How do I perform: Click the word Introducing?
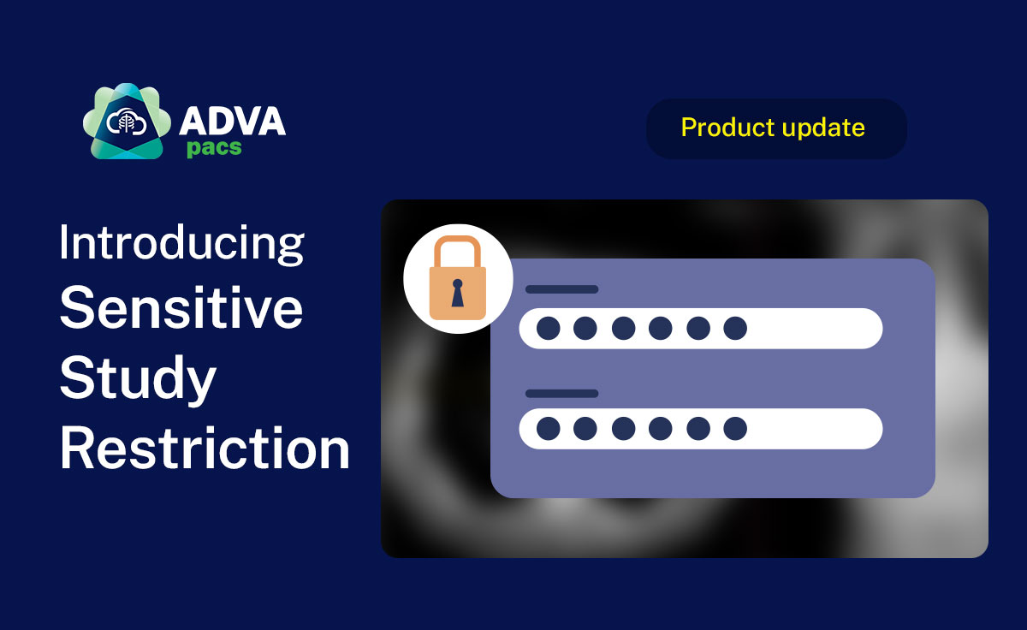pyautogui.click(x=181, y=243)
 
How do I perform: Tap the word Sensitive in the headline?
pyautogui.click(x=181, y=309)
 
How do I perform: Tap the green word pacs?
pyautogui.click(x=214, y=147)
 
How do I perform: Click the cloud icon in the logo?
pyautogui.click(x=125, y=122)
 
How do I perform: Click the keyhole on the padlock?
pyautogui.click(x=458, y=292)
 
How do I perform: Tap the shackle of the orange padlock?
pyautogui.click(x=458, y=250)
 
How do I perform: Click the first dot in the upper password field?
pyautogui.click(x=549, y=328)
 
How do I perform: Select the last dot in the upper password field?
pyautogui.click(x=735, y=328)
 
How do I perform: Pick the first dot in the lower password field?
pyautogui.click(x=549, y=428)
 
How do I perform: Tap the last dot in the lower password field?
pyautogui.click(x=735, y=428)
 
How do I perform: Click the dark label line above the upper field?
pyautogui.click(x=561, y=289)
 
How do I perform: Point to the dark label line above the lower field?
pyautogui.click(x=561, y=394)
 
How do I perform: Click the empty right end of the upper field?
pyautogui.click(x=822, y=328)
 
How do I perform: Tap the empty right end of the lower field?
pyautogui.click(x=822, y=428)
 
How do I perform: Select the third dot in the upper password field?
pyautogui.click(x=623, y=328)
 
